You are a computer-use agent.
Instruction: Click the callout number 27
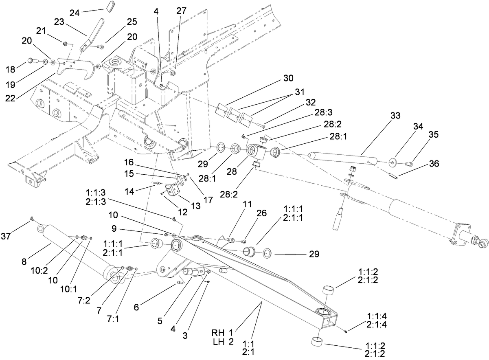[x=181, y=11]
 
